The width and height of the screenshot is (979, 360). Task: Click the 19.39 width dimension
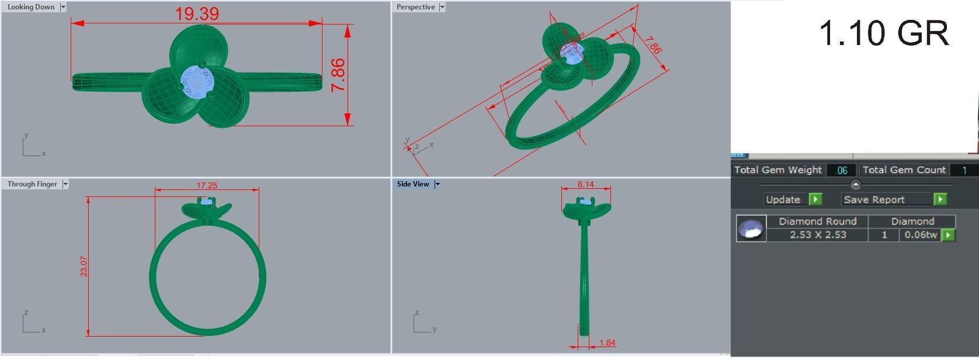click(x=197, y=13)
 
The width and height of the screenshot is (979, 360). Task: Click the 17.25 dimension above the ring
click(x=207, y=185)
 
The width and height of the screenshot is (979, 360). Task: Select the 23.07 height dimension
click(x=84, y=266)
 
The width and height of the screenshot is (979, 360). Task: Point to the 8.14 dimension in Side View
click(x=585, y=184)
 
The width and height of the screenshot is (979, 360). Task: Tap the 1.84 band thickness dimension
click(x=607, y=343)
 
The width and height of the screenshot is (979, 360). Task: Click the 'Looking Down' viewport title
click(x=30, y=7)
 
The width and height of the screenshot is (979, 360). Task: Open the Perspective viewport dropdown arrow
click(x=442, y=7)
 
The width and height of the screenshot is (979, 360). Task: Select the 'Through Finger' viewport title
click(x=32, y=184)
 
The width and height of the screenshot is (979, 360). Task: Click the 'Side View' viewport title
click(x=413, y=184)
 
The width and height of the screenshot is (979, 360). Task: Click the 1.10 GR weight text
click(x=883, y=33)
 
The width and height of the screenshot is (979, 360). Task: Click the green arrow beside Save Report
click(x=940, y=199)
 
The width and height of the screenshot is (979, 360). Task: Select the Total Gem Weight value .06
click(x=841, y=170)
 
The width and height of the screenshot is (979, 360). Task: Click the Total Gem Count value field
click(x=964, y=170)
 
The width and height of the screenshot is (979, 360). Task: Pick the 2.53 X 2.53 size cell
click(x=817, y=235)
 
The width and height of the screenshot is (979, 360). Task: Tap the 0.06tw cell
click(x=921, y=235)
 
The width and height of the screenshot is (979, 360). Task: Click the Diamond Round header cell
click(x=817, y=221)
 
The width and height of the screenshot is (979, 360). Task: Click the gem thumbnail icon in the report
click(x=751, y=229)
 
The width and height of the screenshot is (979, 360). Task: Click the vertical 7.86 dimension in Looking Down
click(x=338, y=75)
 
